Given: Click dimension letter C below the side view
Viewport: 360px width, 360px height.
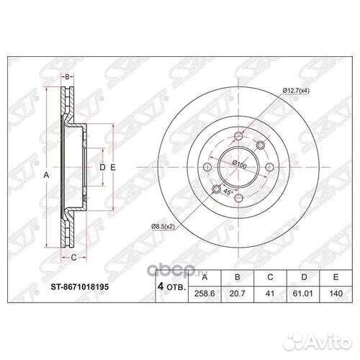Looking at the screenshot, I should click(73, 255).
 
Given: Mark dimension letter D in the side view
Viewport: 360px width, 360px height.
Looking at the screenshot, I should click(102, 167).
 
